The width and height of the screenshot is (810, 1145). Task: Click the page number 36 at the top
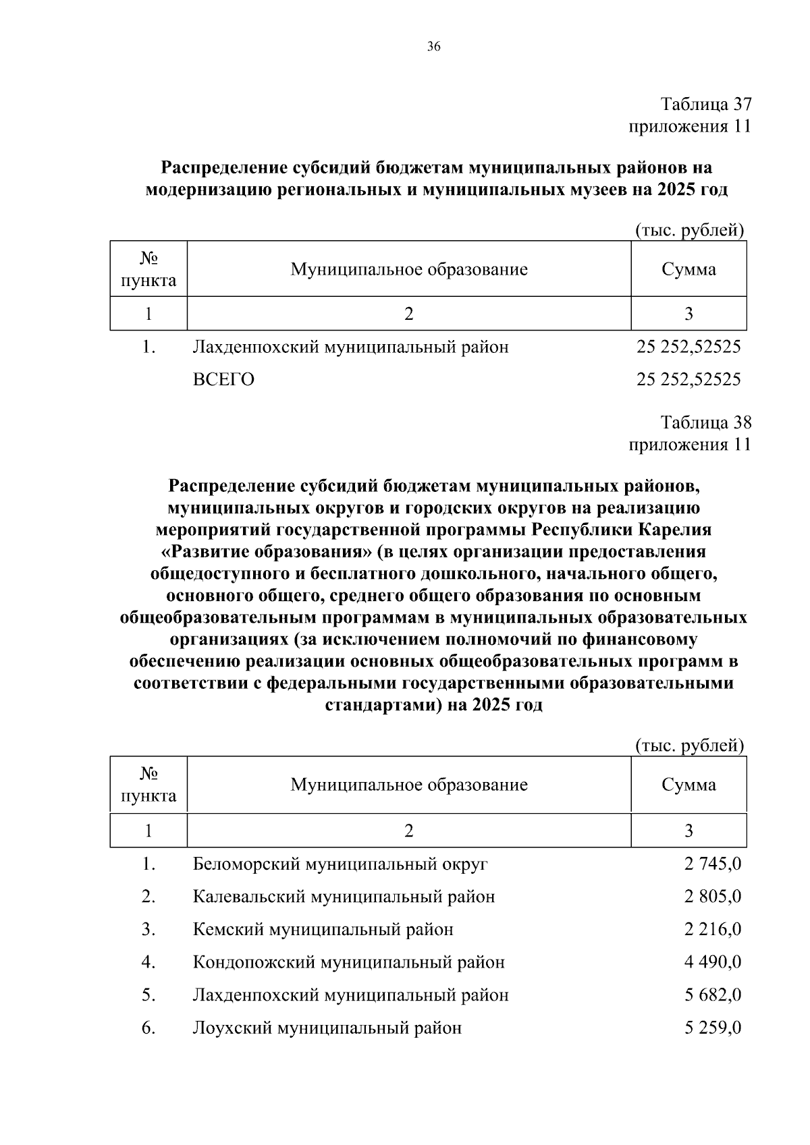click(x=433, y=47)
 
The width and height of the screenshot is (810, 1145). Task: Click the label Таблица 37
click(x=705, y=105)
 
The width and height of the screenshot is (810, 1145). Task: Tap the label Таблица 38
click(x=705, y=423)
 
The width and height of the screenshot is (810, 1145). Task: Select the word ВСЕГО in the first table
click(x=223, y=380)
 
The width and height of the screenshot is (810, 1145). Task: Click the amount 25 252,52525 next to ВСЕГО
click(x=688, y=380)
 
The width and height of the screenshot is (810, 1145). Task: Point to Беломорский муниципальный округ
click(x=340, y=864)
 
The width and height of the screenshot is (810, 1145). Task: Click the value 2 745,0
click(x=713, y=864)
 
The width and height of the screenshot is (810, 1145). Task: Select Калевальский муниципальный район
click(x=344, y=897)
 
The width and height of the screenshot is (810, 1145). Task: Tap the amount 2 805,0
click(x=713, y=897)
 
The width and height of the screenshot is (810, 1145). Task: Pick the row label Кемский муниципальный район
click(x=323, y=930)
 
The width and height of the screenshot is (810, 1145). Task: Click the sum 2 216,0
click(x=713, y=930)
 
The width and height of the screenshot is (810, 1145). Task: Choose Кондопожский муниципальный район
click(x=348, y=962)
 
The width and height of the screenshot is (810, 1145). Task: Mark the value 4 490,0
click(x=713, y=962)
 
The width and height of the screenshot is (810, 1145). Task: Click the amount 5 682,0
click(x=713, y=995)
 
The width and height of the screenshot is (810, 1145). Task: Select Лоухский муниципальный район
click(x=327, y=1028)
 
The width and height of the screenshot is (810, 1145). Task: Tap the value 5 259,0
click(x=713, y=1028)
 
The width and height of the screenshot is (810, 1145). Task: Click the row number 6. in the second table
click(x=148, y=1028)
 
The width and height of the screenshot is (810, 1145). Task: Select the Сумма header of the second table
click(x=688, y=785)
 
